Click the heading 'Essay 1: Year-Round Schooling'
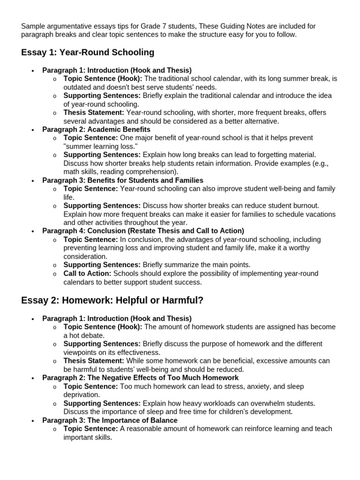(88, 52)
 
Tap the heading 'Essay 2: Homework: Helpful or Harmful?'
(112, 300)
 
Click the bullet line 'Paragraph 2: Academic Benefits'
(96, 129)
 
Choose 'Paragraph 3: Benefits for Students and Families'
(123, 180)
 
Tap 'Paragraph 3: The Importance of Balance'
(110, 420)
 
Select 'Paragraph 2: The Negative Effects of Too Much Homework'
(140, 378)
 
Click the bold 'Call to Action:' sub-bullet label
(87, 274)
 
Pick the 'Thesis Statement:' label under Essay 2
(94, 361)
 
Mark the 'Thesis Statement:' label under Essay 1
(94, 112)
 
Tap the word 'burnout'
(305, 206)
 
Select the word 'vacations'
(320, 214)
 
